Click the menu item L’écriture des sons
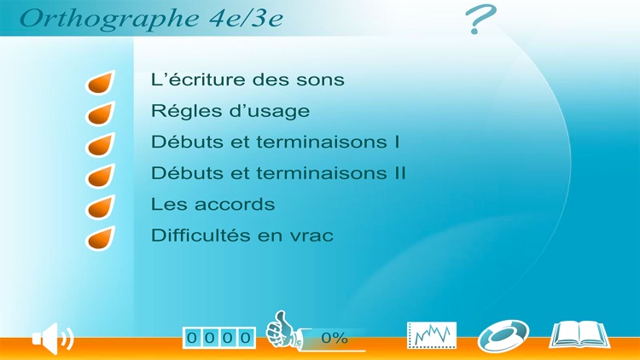(247, 80)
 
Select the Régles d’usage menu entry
(230, 111)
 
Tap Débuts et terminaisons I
(275, 142)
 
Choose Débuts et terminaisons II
(278, 173)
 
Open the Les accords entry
(212, 205)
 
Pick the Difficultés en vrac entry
(241, 235)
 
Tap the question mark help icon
(481, 19)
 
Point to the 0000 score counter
(219, 338)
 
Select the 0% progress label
(335, 339)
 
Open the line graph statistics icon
(432, 335)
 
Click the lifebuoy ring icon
(503, 335)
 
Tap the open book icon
(579, 334)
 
